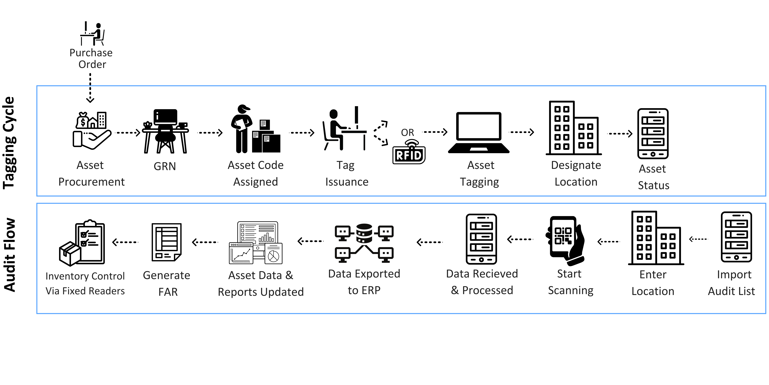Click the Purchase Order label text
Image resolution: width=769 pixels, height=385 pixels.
[x=91, y=59]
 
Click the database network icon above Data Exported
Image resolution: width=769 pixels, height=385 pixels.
[x=364, y=243]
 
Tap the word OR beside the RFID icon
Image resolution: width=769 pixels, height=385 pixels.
[x=408, y=132]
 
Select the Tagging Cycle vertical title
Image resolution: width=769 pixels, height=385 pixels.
[x=9, y=143]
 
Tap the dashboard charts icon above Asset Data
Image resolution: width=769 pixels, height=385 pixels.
[x=256, y=243]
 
